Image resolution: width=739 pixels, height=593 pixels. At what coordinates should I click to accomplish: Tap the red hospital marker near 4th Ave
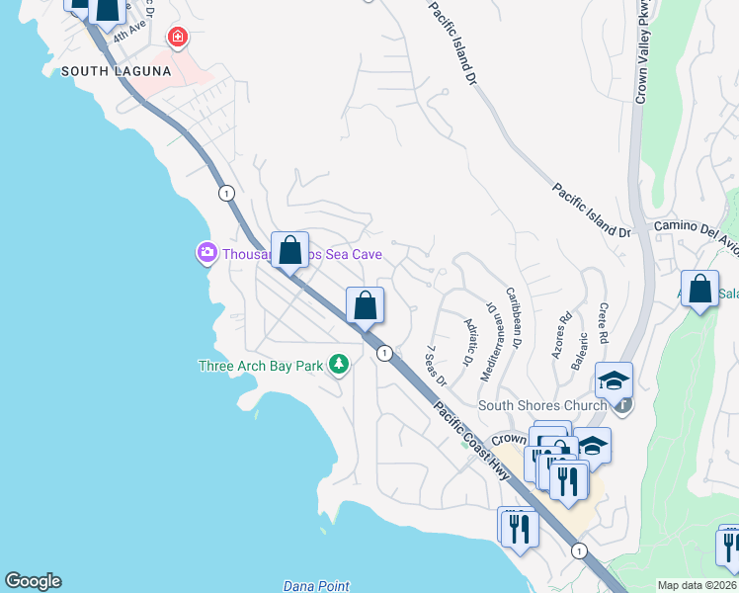177,39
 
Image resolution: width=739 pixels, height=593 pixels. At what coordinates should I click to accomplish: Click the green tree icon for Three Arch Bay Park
339,366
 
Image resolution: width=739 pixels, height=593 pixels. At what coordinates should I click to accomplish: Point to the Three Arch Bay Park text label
261,366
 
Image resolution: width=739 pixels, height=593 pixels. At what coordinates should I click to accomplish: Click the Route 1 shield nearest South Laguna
227,192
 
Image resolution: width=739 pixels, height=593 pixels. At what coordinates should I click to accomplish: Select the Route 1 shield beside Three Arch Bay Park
384,353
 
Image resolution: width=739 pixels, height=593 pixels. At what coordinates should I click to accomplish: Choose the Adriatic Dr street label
471,339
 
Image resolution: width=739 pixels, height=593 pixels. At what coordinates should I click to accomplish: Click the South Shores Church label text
541,405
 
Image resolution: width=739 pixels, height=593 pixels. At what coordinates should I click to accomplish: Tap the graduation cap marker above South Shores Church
614,381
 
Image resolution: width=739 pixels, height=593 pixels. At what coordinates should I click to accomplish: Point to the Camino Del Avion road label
696,228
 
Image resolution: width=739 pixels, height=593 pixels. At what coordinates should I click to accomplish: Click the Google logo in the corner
33,581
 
